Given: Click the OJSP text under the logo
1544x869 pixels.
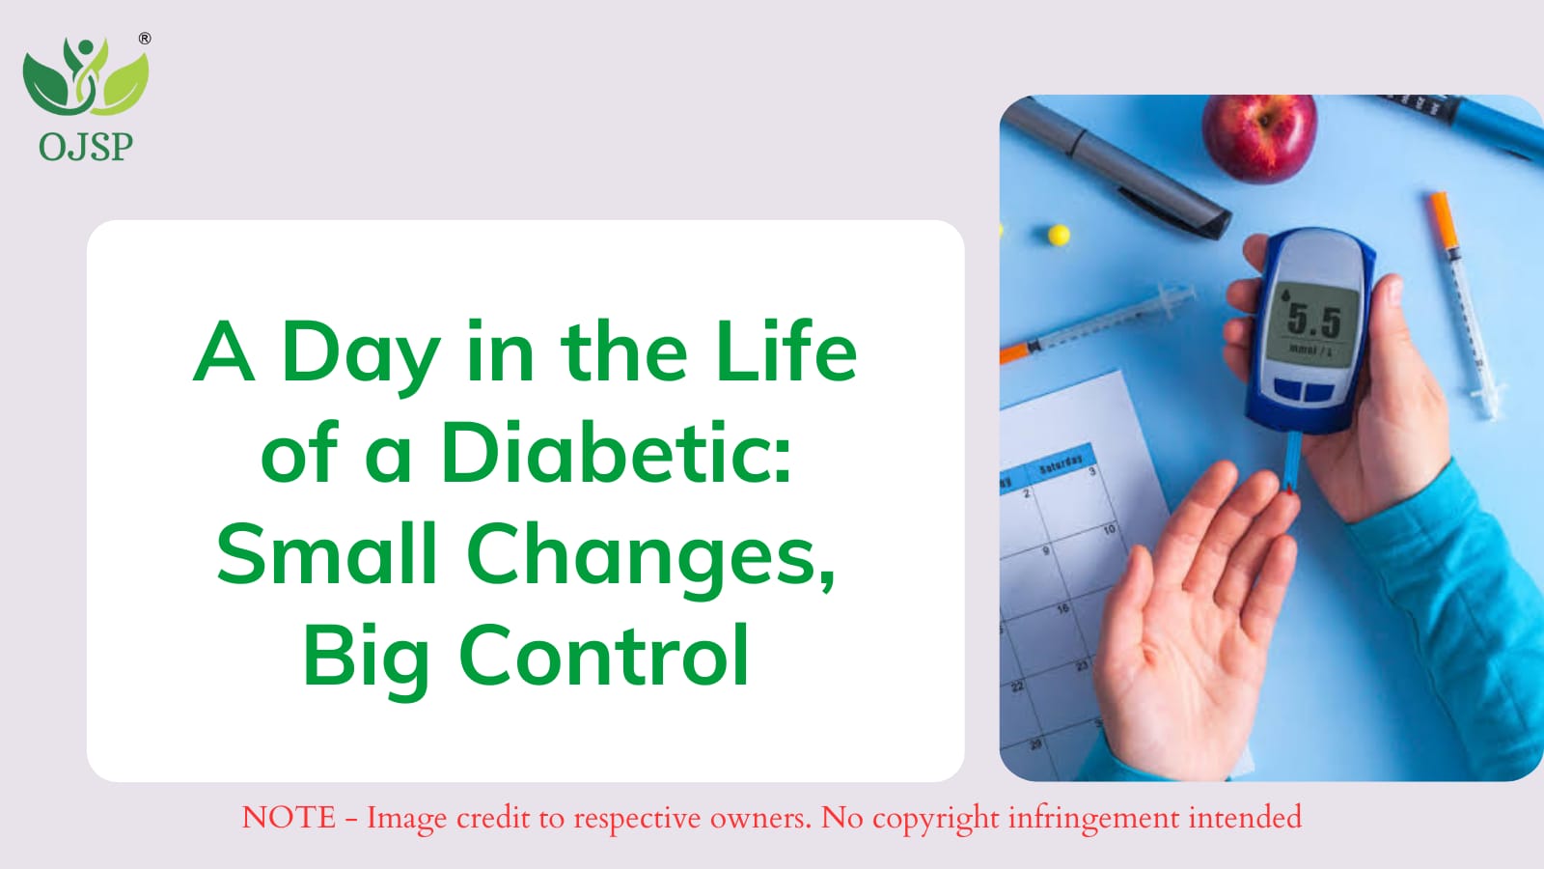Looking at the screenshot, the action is click(x=86, y=146).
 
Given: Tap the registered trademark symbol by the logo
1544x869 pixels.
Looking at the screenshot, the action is click(x=144, y=39).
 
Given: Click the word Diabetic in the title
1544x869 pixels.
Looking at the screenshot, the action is click(x=617, y=453).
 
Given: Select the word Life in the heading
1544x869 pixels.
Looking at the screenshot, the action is click(x=786, y=350).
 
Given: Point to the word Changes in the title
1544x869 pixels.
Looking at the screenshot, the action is click(x=652, y=557).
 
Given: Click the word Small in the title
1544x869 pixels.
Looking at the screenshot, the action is click(x=327, y=553).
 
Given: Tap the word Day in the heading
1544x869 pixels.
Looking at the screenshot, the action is click(x=361, y=356).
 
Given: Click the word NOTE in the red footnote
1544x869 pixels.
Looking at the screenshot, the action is click(x=289, y=817).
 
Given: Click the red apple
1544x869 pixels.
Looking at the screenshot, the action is click(x=1259, y=136).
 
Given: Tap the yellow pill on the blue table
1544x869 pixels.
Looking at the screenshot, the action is click(x=1059, y=236).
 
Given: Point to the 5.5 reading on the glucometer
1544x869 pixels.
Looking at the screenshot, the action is click(x=1313, y=320).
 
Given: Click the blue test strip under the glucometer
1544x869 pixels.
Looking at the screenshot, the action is click(x=1294, y=462).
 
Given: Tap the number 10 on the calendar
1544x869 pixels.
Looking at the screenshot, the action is click(x=1109, y=530).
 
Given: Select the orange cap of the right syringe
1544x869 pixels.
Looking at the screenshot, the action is click(x=1443, y=221).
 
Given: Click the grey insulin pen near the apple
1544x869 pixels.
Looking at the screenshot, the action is click(x=1117, y=168).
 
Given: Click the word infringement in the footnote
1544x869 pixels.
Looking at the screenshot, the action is click(x=1094, y=820).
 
